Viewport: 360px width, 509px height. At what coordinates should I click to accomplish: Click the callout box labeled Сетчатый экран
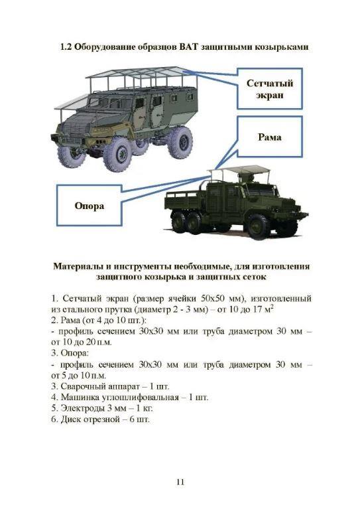click(x=270, y=89)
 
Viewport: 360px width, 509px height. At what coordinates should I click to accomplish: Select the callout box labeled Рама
click(x=270, y=137)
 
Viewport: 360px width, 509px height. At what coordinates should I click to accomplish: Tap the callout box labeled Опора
click(x=90, y=206)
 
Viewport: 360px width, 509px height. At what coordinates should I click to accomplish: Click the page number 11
click(x=180, y=482)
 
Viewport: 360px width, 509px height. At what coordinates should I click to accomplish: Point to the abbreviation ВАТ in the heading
click(x=188, y=46)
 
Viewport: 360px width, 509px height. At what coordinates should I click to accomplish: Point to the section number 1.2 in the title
click(x=66, y=46)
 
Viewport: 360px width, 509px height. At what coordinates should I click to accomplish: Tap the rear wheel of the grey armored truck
click(x=181, y=142)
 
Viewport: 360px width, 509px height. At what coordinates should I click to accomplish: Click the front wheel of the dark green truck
click(x=259, y=226)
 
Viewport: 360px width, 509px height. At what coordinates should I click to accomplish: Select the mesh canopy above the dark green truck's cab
click(x=239, y=169)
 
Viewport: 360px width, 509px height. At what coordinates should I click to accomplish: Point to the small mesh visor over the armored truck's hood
click(x=72, y=102)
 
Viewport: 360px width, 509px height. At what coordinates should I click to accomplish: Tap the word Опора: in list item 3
click(x=74, y=353)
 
